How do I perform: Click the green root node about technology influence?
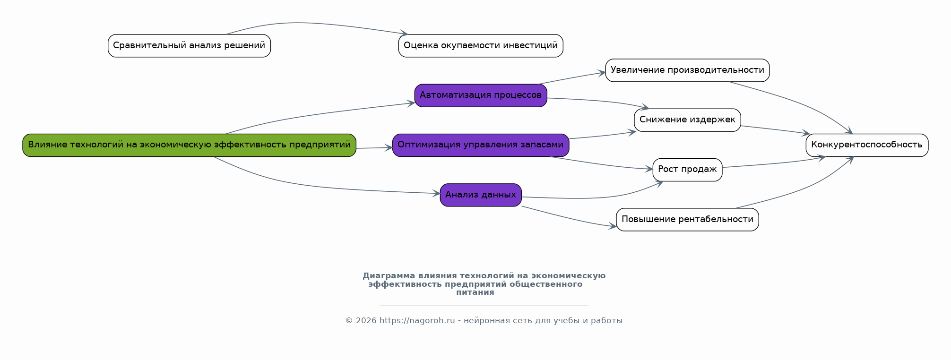coord(189,145)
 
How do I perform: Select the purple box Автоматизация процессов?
coord(481,95)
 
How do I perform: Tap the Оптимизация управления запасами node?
coord(481,145)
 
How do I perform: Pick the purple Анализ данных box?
coord(481,195)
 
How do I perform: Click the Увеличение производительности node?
coord(687,70)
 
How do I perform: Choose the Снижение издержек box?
coord(687,120)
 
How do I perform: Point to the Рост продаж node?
coord(687,170)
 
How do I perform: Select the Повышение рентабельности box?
coord(687,220)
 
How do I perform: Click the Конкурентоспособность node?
coord(867,145)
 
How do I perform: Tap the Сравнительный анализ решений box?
coord(189,46)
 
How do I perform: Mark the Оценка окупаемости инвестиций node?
coord(481,46)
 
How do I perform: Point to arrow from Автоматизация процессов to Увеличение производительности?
coord(572,78)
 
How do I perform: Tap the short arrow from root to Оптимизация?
coord(374,148)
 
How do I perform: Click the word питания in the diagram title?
coord(475,292)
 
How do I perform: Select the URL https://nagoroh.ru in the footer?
coord(417,321)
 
